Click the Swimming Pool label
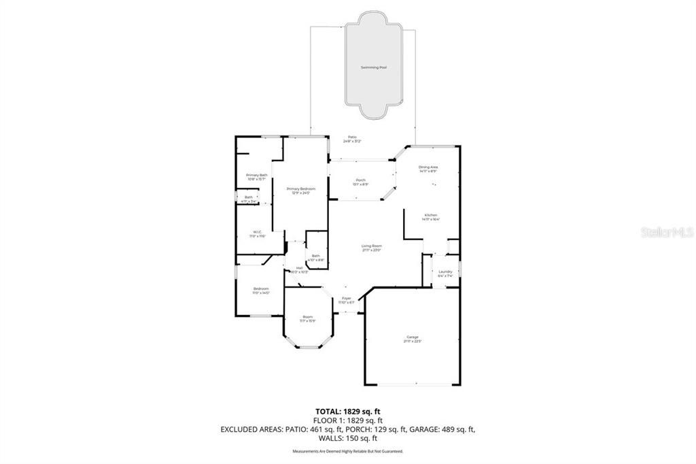tap(373, 67)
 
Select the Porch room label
tap(360, 182)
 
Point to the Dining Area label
tap(428, 168)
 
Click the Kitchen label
tap(431, 216)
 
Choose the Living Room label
tap(371, 247)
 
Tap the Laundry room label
tap(445, 274)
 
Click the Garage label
tap(413, 339)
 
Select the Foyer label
tap(347, 299)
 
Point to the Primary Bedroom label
tap(300, 190)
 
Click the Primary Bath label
tap(256, 176)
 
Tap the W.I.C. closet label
tap(258, 233)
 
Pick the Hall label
tap(299, 269)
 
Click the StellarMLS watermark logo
tap(667, 232)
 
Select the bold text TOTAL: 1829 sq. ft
tap(347, 411)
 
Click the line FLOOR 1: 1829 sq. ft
tap(347, 420)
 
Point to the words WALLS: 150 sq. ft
tap(347, 439)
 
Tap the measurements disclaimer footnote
tap(347, 451)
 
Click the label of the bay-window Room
tap(308, 318)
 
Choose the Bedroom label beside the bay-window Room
tap(261, 291)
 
